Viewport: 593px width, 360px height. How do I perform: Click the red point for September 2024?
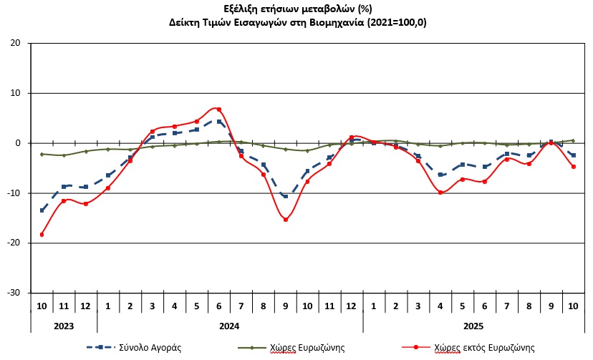point(286,220)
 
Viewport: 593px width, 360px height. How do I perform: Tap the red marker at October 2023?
point(42,234)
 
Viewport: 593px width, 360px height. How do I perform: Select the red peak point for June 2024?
point(219,110)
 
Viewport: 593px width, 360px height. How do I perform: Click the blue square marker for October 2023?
point(42,210)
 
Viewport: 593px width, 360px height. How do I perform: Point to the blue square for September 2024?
point(286,196)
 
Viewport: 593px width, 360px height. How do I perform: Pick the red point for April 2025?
point(440,193)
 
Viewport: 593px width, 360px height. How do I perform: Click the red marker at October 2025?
point(574,167)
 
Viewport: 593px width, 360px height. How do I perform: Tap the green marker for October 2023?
point(42,154)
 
